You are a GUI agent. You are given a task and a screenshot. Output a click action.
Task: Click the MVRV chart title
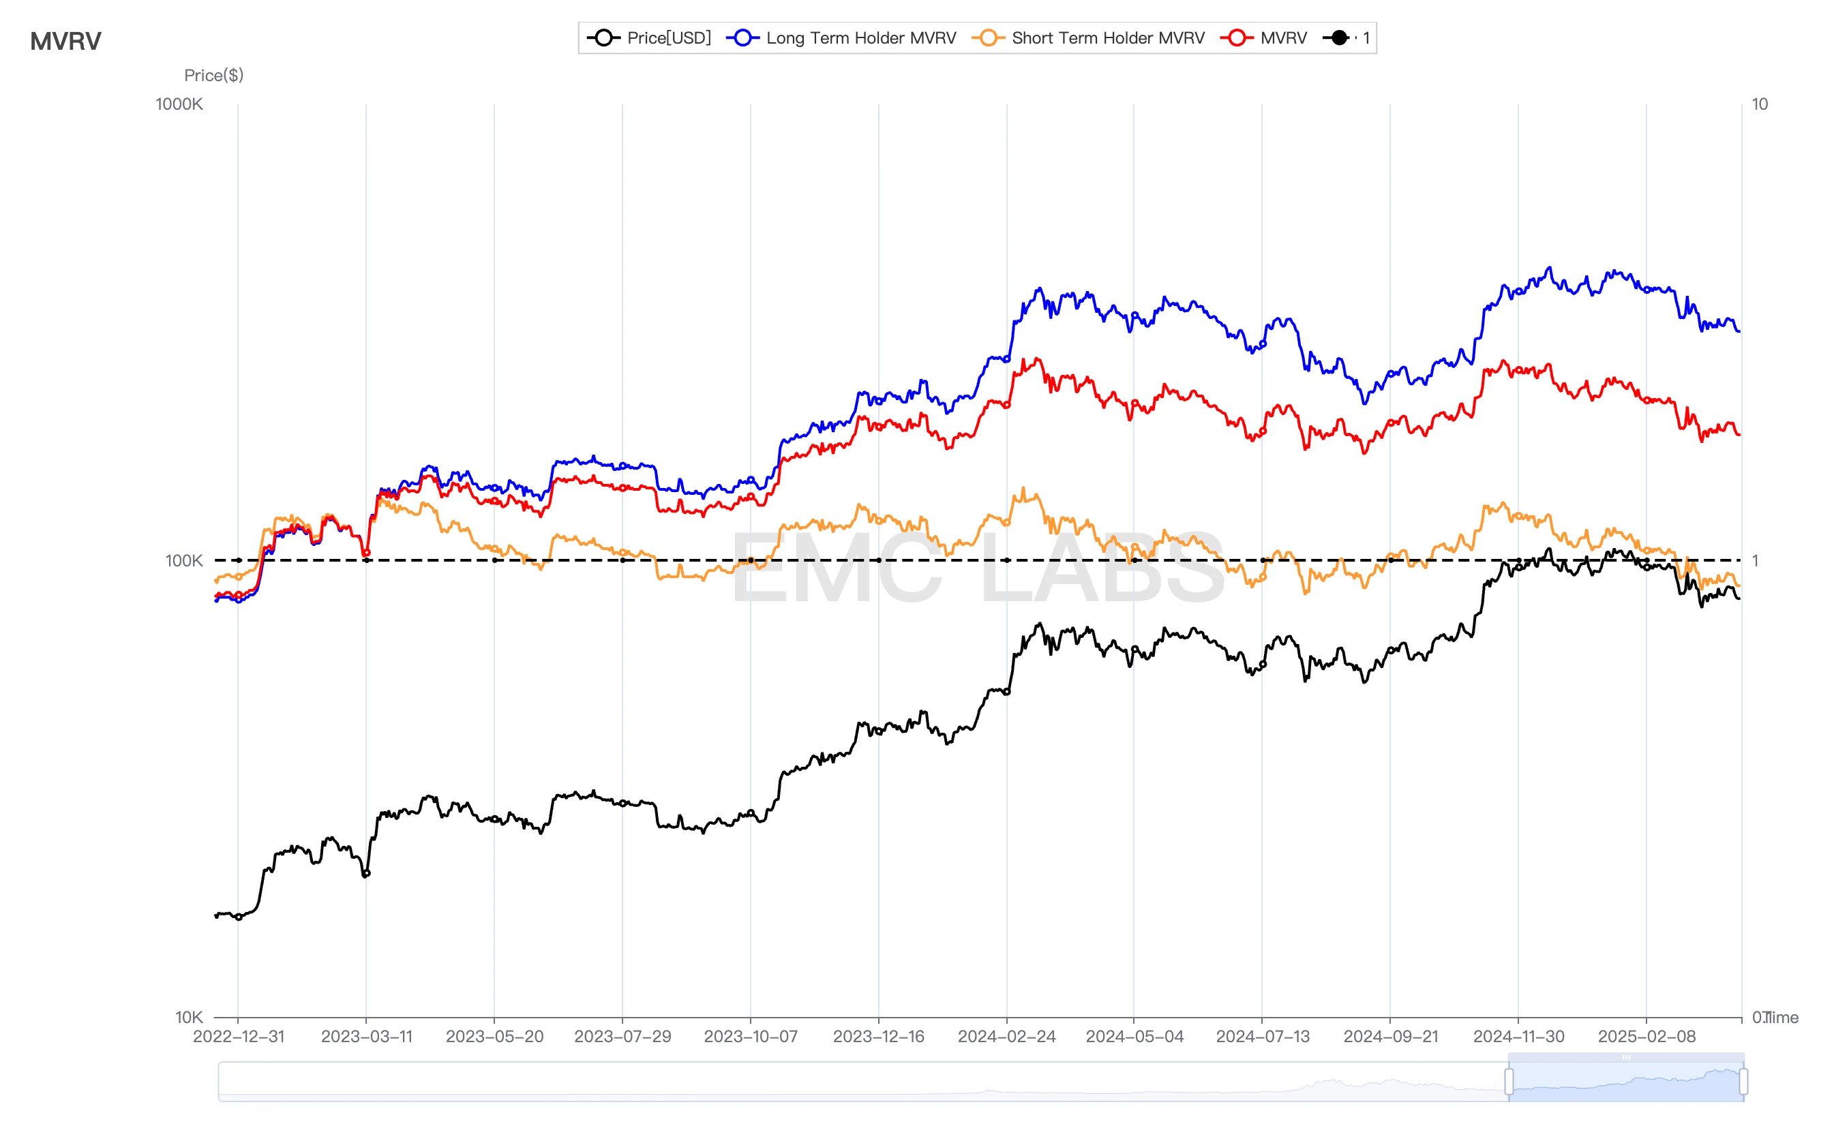tap(65, 41)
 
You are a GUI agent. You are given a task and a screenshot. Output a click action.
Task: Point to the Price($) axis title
tap(214, 75)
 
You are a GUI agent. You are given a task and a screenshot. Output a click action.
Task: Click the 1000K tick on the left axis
tap(179, 104)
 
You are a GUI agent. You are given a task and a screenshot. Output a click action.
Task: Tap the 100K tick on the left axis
tap(183, 561)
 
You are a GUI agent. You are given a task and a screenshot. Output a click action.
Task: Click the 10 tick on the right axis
tap(1760, 104)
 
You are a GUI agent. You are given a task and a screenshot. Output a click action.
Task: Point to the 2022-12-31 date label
tap(239, 1037)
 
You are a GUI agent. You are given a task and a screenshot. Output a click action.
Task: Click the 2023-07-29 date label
tap(622, 1037)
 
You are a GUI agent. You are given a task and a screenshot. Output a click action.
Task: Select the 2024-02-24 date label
tap(1006, 1037)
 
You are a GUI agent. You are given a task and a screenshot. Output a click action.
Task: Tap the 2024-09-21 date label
tap(1391, 1037)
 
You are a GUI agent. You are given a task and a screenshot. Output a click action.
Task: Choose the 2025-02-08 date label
tap(1647, 1037)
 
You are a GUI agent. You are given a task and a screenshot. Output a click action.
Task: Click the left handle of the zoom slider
tap(1509, 1081)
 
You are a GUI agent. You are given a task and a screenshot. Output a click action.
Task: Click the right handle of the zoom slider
tap(1743, 1081)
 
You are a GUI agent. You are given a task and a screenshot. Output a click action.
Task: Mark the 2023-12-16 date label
tap(878, 1037)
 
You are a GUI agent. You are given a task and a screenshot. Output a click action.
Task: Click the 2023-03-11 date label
tap(367, 1037)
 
